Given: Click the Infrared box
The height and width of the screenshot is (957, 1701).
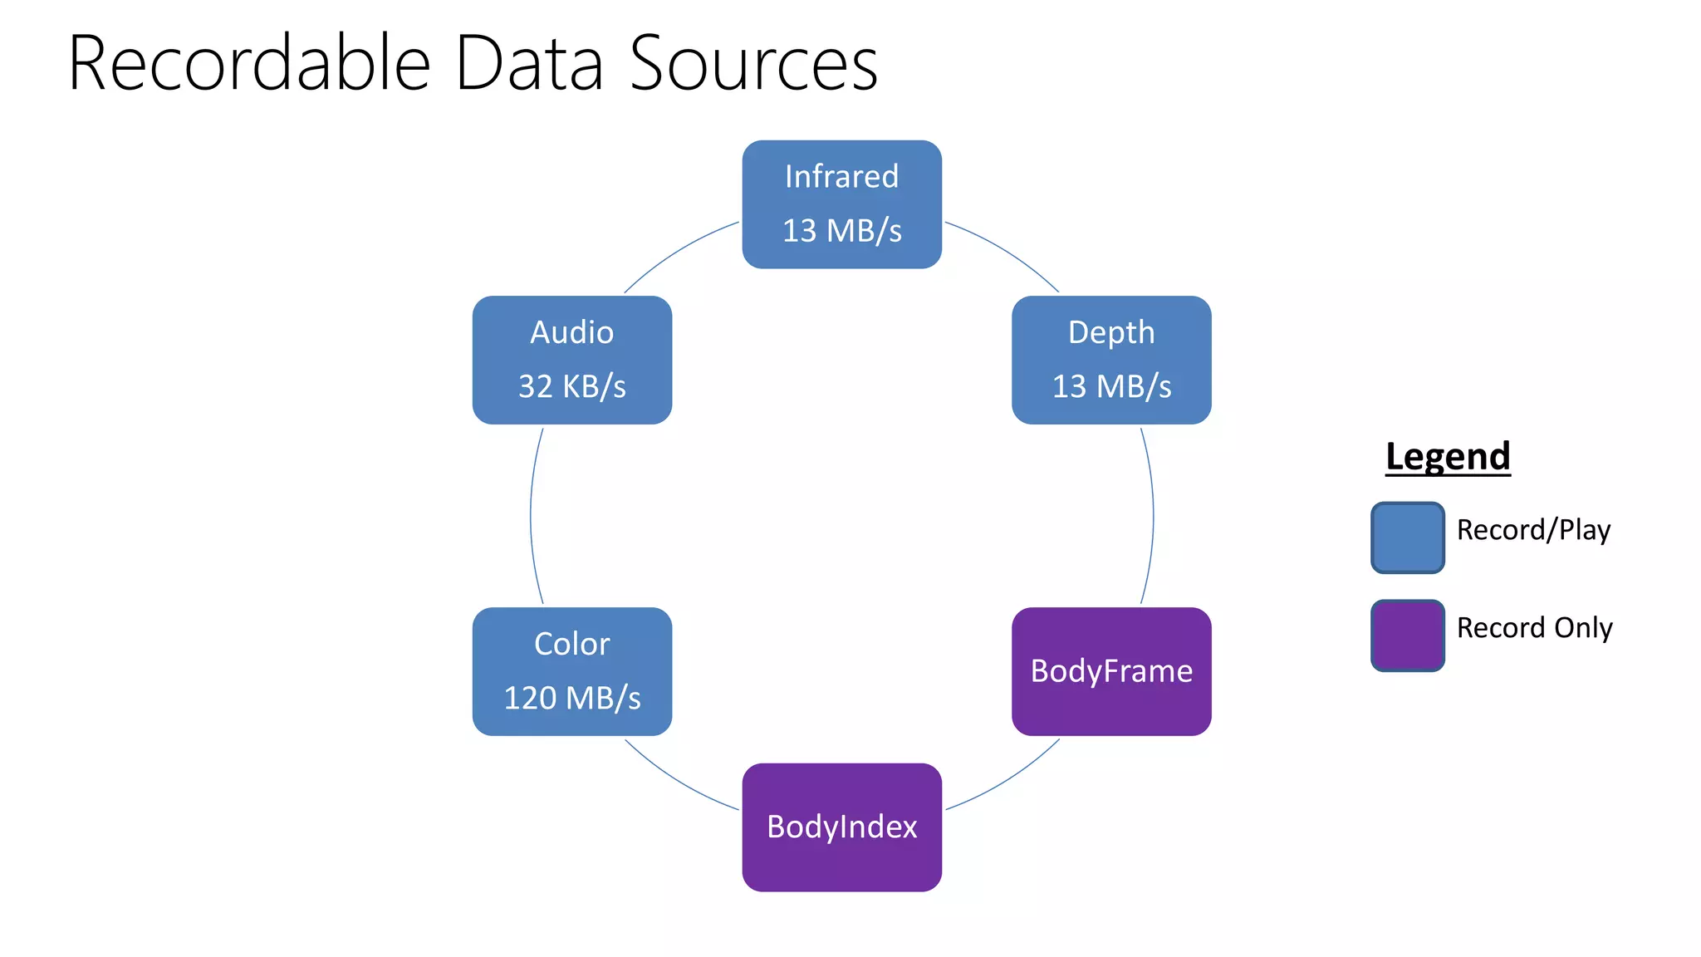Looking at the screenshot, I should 841,204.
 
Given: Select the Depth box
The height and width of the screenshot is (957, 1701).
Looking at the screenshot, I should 1111,360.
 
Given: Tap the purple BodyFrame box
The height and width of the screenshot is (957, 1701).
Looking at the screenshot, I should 1111,671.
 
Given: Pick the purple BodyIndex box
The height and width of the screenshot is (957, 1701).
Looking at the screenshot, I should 841,827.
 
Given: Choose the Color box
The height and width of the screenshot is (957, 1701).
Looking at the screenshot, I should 571,671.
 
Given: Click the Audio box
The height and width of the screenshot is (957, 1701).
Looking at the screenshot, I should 571,360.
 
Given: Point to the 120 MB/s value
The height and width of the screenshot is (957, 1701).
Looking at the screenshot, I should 571,698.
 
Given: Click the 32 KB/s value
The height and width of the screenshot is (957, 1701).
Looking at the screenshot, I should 571,386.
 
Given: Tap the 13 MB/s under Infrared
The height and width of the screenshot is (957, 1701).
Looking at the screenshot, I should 841,231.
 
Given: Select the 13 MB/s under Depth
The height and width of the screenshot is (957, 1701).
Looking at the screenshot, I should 1111,386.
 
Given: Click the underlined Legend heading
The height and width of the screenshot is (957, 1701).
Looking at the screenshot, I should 1448,456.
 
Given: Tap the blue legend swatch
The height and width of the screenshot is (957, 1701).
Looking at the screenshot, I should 1407,537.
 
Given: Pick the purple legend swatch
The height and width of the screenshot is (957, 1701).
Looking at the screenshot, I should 1407,636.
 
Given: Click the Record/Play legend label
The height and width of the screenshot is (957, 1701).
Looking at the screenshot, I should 1533,530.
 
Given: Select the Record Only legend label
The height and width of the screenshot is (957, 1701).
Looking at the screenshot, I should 1534,628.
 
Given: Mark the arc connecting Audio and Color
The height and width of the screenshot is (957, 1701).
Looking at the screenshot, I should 531,516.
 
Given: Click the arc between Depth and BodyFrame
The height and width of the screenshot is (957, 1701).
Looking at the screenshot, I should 1153,516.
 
